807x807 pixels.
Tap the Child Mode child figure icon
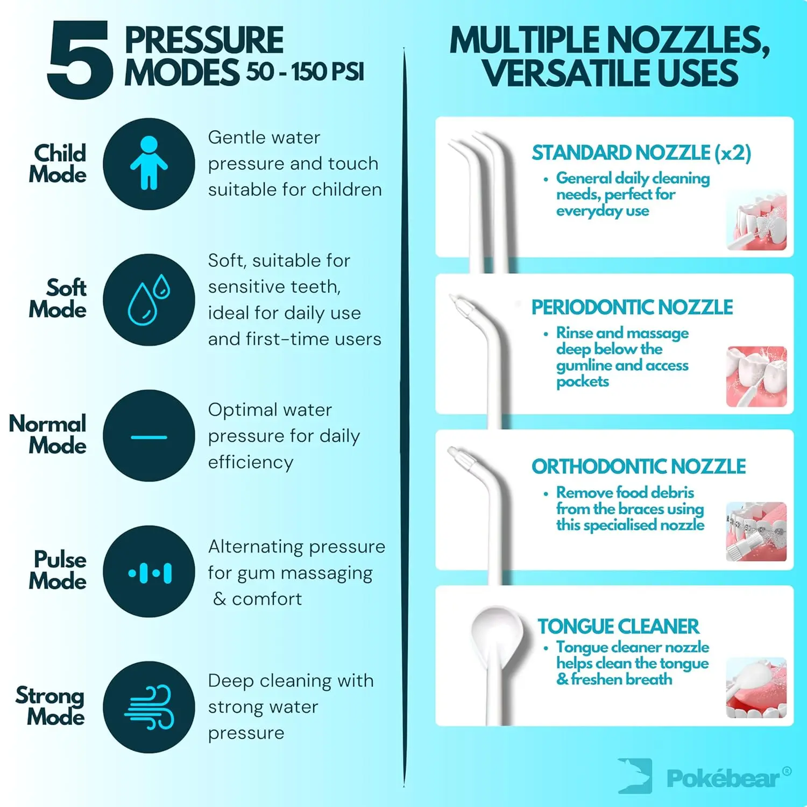(149, 164)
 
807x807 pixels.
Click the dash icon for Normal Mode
(149, 436)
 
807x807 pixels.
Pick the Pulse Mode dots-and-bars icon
(149, 572)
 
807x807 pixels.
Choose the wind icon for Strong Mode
(149, 707)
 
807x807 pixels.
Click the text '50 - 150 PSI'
(306, 72)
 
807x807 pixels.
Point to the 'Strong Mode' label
(50, 706)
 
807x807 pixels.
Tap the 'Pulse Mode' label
(58, 570)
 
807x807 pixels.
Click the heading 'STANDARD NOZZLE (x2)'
(641, 153)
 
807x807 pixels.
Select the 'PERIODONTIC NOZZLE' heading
(632, 307)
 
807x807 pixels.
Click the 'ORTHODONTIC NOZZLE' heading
(639, 466)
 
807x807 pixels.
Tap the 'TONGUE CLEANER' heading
(618, 626)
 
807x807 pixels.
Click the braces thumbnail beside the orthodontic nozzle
(756, 532)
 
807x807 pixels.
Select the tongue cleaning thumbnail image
(756, 688)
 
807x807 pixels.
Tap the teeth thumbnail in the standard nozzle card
(756, 220)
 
